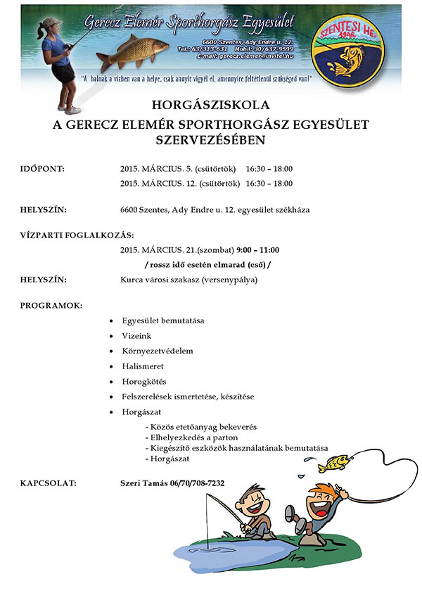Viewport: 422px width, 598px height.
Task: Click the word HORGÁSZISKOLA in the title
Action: pos(211,105)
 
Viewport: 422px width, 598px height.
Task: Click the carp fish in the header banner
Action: pos(134,51)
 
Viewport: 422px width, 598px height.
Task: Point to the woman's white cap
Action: pos(50,23)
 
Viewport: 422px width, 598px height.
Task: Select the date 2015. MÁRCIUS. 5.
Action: pos(155,169)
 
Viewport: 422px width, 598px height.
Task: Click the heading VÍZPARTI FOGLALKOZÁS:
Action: pos(77,235)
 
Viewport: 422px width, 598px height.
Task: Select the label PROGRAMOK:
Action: pos(51,306)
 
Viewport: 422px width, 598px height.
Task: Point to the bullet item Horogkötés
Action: pos(144,382)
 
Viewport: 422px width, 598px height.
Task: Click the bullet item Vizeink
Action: pos(136,336)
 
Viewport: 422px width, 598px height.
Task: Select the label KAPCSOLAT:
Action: pos(49,483)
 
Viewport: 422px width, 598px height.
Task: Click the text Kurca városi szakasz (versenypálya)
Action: pos(188,280)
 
